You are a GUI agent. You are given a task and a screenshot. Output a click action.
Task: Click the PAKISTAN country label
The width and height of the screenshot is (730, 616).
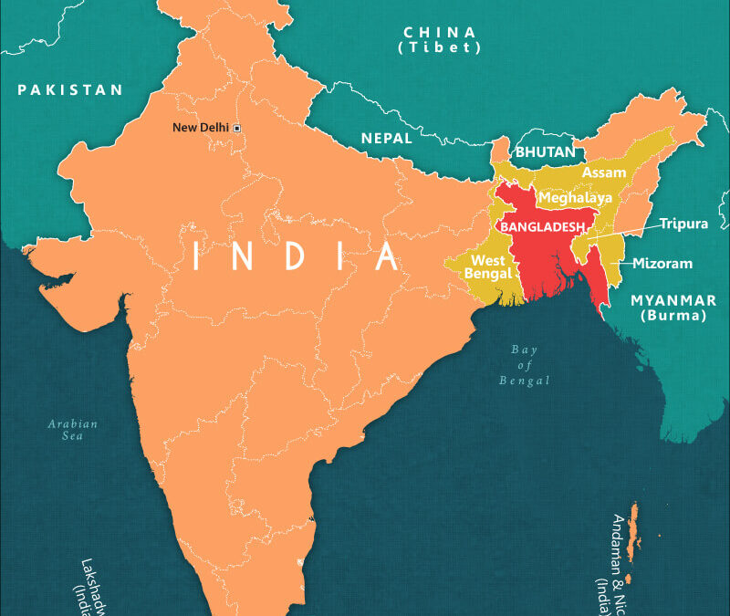[69, 89]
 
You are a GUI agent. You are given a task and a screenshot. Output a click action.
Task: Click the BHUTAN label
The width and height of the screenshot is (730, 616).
[545, 151]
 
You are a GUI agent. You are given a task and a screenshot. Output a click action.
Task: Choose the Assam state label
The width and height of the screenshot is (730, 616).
[604, 172]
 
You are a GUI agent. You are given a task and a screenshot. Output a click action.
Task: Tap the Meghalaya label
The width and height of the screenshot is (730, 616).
[575, 197]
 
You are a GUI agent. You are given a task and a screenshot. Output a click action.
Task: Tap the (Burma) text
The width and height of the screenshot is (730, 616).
[673, 317]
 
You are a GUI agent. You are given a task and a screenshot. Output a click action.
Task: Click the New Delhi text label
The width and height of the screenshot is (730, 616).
[201, 127]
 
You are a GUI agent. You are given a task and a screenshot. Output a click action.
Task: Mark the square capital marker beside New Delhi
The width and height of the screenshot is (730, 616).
[236, 128]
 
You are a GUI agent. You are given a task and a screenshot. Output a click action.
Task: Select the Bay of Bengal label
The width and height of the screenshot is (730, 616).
[525, 365]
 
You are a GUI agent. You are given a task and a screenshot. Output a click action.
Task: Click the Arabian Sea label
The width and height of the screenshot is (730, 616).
[74, 430]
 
